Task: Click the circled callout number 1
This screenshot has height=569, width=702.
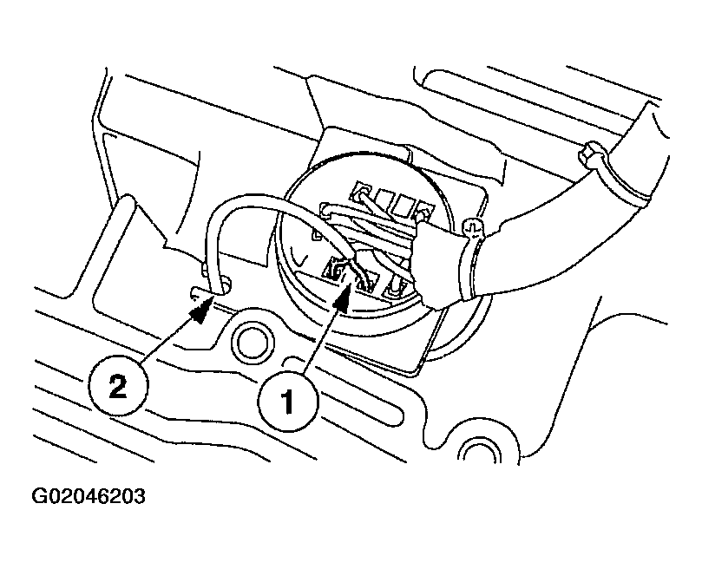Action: point(288,402)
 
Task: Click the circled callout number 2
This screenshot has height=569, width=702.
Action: point(118,385)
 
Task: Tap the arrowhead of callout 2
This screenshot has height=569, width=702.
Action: point(200,310)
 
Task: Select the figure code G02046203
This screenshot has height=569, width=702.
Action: point(89,496)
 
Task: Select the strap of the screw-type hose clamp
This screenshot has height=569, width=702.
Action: point(466,265)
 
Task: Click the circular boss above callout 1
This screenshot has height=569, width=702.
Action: point(252,343)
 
